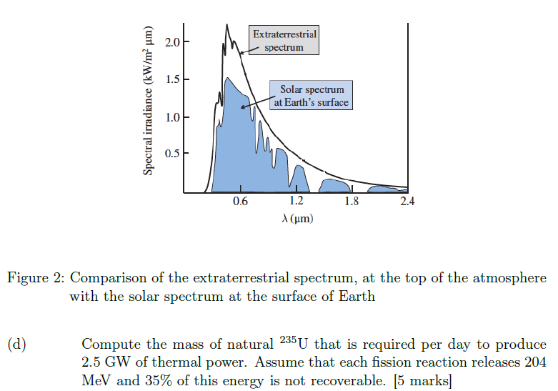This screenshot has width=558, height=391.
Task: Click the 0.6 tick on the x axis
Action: click(240, 202)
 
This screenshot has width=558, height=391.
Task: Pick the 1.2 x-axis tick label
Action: click(295, 202)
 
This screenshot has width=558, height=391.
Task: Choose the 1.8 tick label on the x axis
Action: click(352, 202)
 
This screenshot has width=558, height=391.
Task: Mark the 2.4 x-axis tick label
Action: click(407, 202)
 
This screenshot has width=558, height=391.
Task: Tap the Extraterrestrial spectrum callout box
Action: click(284, 41)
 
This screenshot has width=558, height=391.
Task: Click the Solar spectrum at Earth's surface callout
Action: click(312, 96)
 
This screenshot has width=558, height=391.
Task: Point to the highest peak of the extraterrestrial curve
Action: click(226, 26)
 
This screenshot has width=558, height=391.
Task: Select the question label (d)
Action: click(17, 345)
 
